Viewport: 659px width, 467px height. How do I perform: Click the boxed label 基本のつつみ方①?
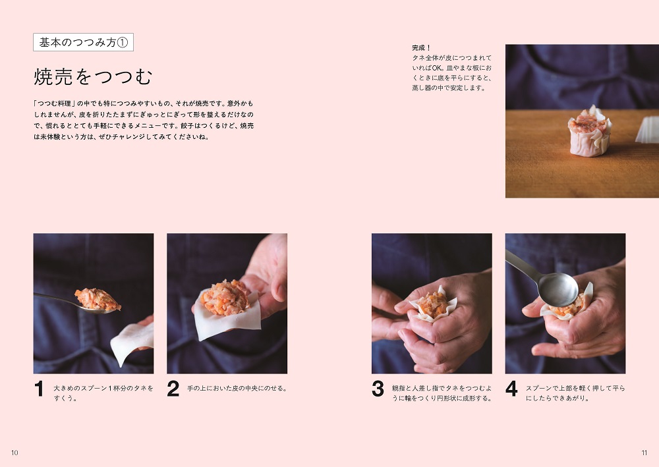(x=83, y=42)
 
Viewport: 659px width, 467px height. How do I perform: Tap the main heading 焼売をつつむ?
(x=93, y=77)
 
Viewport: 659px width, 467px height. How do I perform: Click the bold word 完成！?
(x=422, y=48)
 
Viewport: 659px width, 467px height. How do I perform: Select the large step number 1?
(x=39, y=389)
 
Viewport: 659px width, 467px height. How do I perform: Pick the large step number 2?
(x=173, y=389)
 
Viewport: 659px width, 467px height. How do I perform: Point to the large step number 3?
(x=378, y=389)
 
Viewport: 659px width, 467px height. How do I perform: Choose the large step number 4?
(x=511, y=389)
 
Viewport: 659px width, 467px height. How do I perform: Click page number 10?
(x=14, y=453)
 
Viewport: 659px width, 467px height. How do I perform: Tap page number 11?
(x=645, y=453)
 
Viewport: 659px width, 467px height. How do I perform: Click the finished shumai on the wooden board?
(x=589, y=131)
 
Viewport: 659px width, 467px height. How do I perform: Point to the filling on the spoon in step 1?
(x=98, y=299)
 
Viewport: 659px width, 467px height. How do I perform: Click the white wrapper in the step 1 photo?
(x=132, y=343)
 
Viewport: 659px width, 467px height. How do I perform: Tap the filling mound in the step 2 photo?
(x=225, y=298)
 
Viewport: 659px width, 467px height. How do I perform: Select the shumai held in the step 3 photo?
(x=434, y=304)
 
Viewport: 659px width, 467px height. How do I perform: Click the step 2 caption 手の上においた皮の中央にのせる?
(x=237, y=389)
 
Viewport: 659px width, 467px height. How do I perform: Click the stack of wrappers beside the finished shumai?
(x=648, y=130)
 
